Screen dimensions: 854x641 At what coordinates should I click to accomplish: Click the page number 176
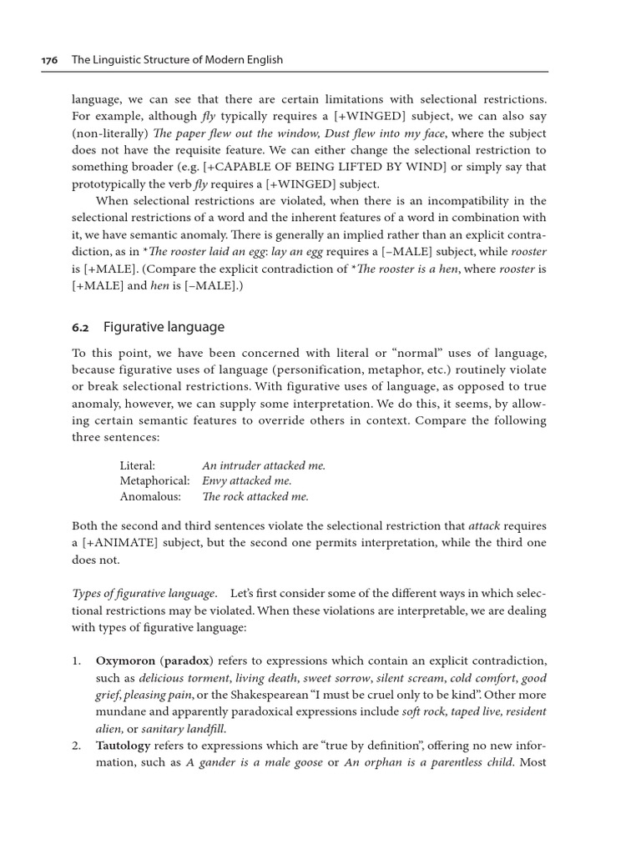(51, 59)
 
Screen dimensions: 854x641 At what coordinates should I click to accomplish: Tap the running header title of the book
(178, 59)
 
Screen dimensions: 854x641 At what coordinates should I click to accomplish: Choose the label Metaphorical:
(154, 481)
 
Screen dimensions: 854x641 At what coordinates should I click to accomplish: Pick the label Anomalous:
(149, 496)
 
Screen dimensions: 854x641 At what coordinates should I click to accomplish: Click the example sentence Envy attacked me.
(247, 481)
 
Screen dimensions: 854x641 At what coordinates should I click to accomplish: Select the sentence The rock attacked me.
(255, 496)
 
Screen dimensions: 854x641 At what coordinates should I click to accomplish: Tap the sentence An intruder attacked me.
(264, 466)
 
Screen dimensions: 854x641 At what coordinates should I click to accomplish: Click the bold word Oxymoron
(125, 661)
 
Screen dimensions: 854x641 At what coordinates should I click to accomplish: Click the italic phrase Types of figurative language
(144, 593)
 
